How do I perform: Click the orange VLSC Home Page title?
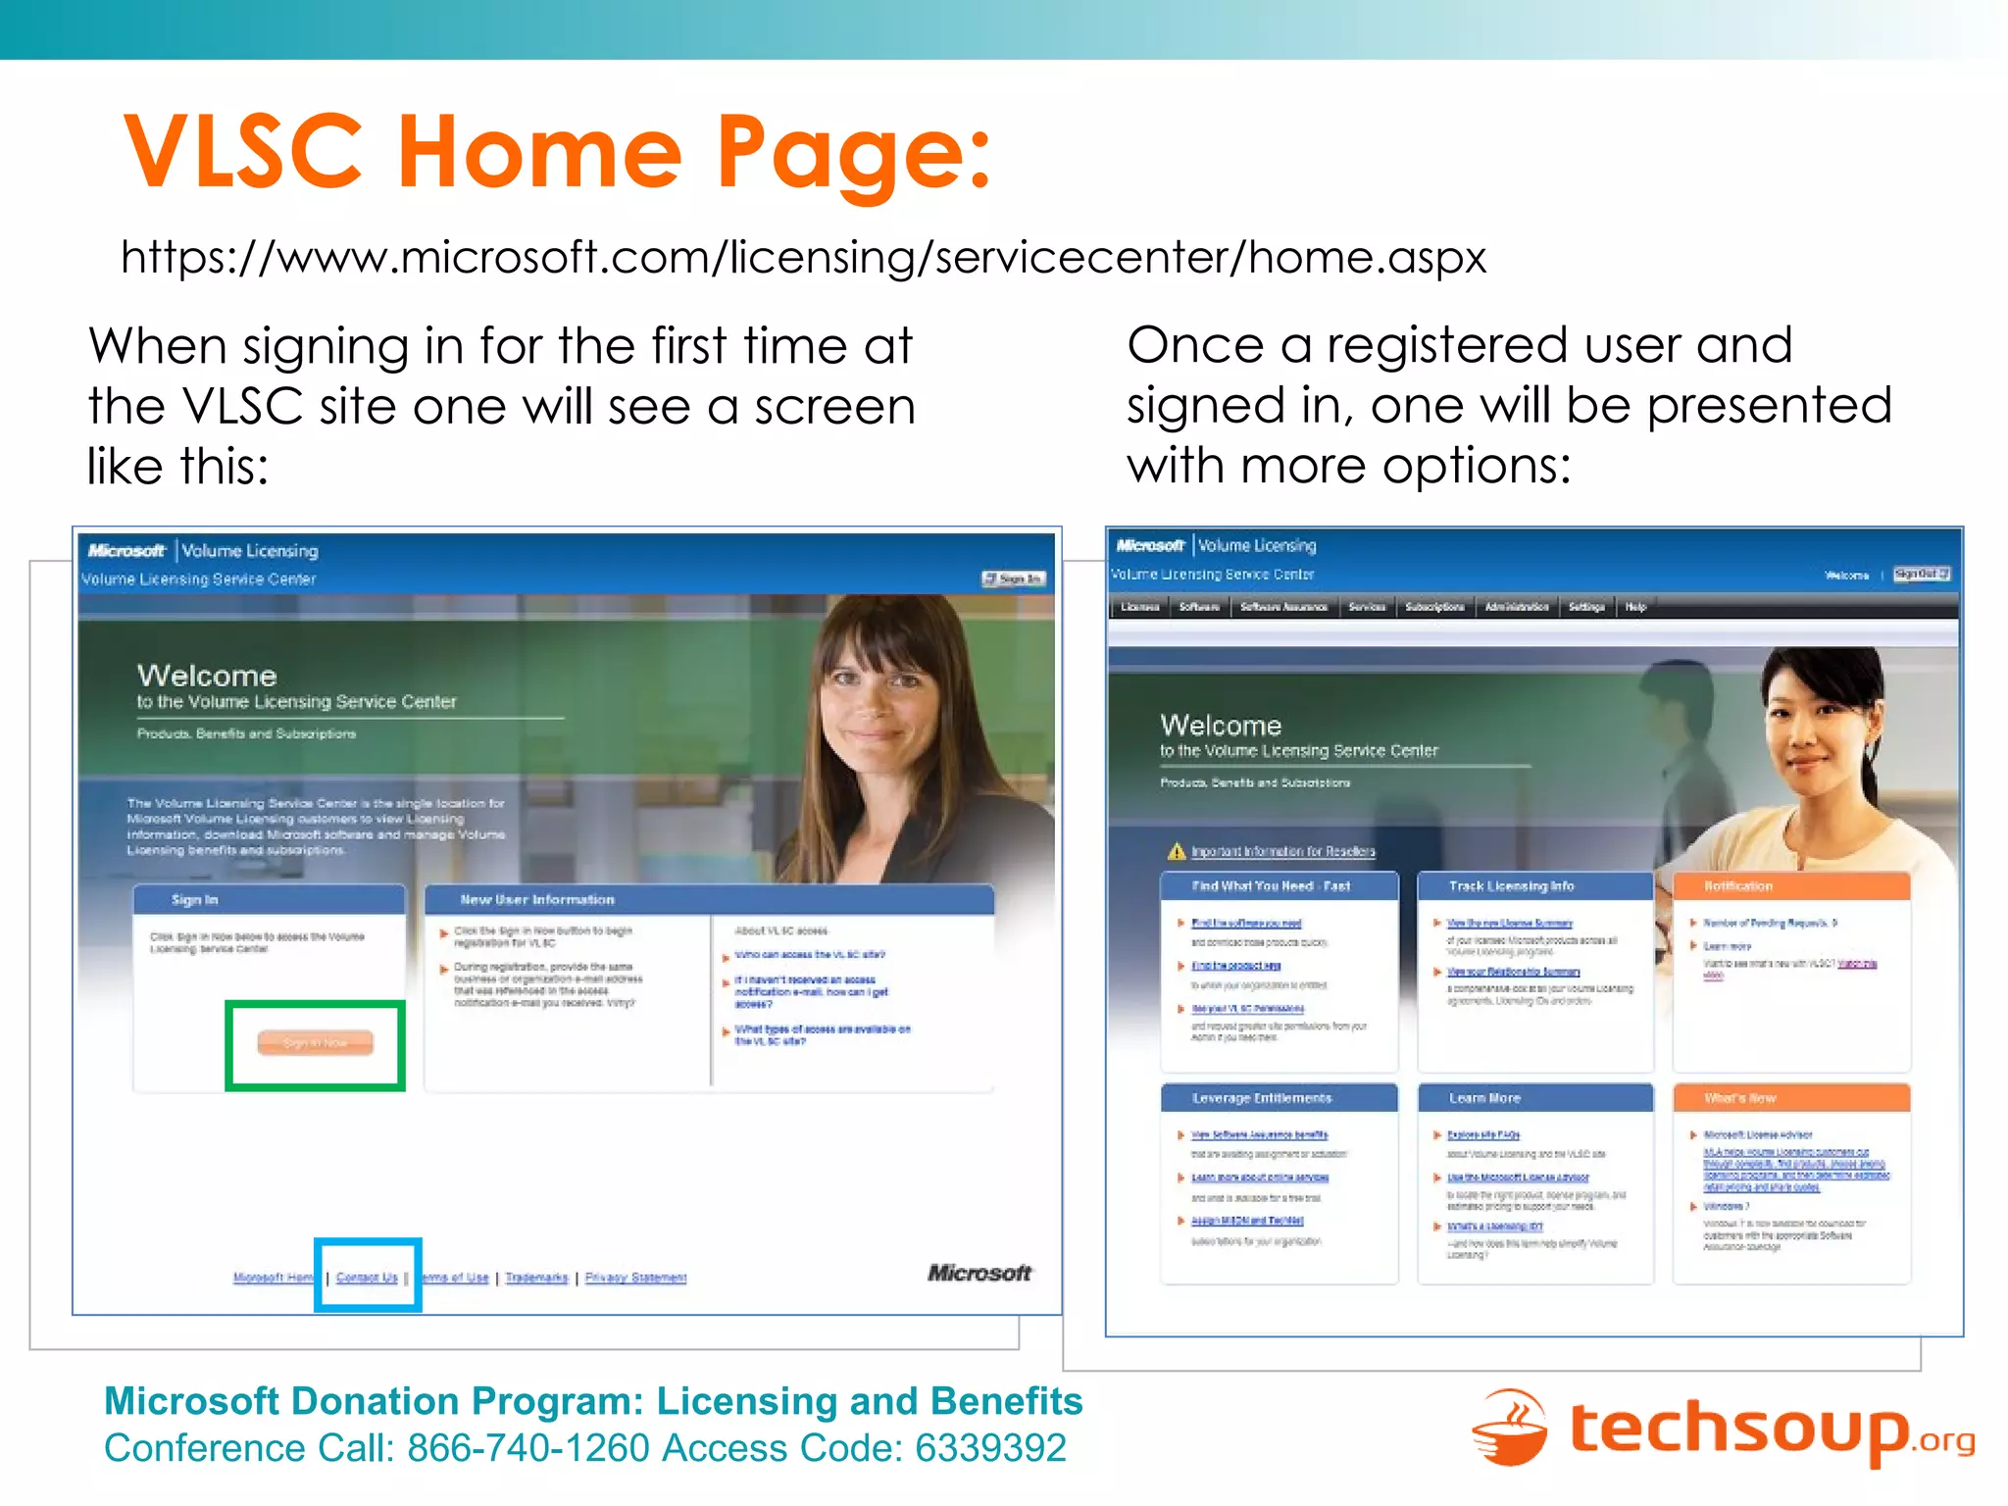click(557, 151)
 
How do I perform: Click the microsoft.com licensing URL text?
click(803, 258)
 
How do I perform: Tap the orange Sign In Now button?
click(315, 1042)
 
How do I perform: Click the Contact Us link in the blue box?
click(367, 1277)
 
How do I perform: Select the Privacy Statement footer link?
click(635, 1278)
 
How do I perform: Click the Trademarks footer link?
click(536, 1278)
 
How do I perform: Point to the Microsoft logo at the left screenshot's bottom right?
click(979, 1273)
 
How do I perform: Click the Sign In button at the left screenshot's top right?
click(1014, 578)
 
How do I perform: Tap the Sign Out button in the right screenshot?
click(1921, 574)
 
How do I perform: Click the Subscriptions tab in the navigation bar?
click(1434, 607)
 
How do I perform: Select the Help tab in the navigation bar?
click(1635, 607)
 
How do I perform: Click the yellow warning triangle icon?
click(1177, 851)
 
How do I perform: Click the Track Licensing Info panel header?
click(1534, 886)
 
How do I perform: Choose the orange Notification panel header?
click(1791, 886)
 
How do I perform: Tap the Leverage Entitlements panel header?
click(1279, 1098)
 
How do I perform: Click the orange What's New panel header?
click(1791, 1098)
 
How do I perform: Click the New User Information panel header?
click(708, 899)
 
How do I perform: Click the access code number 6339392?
click(990, 1448)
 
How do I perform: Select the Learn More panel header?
click(1534, 1098)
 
